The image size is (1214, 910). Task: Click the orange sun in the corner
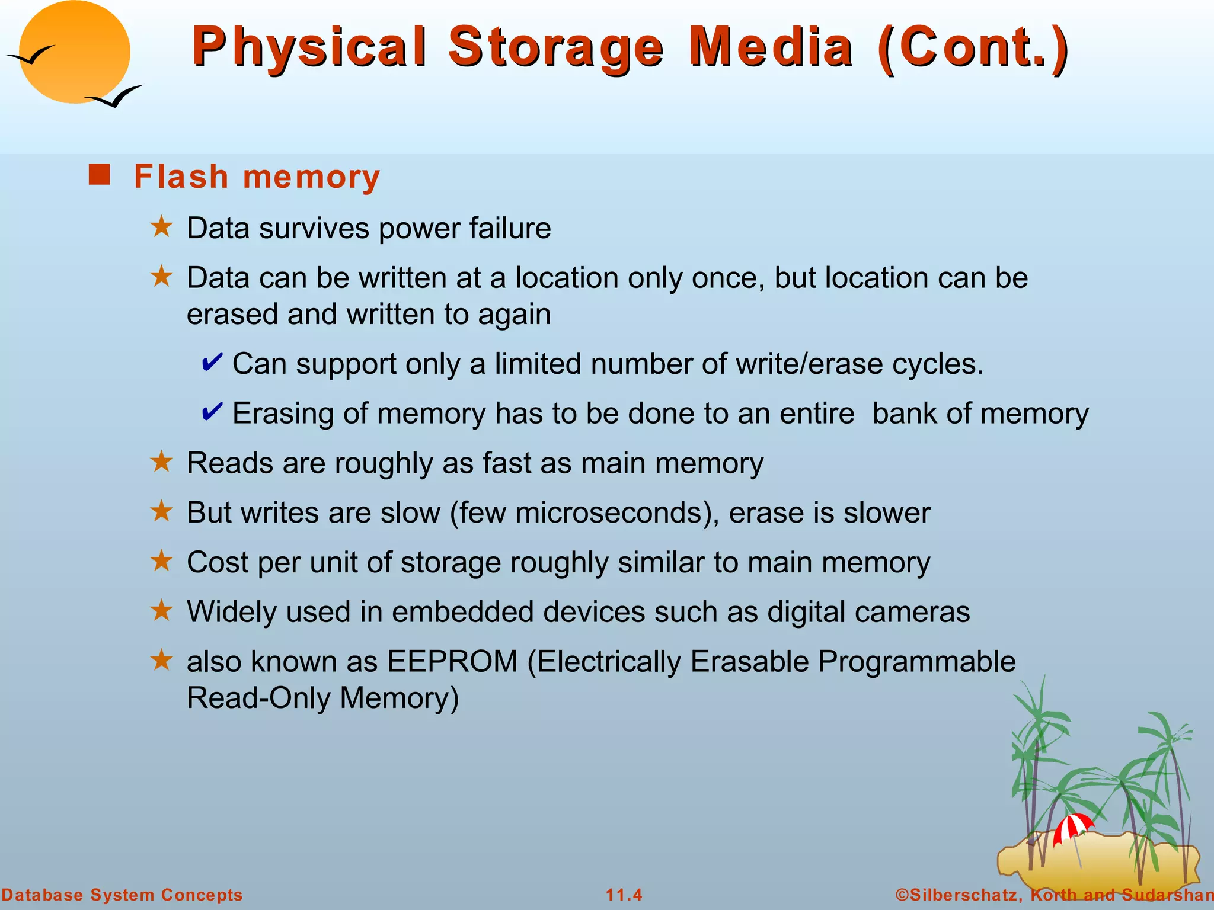[x=75, y=52]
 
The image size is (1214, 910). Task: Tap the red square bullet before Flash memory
[x=99, y=175]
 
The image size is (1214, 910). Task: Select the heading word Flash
[x=181, y=177]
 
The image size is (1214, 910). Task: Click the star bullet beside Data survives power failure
[x=161, y=227]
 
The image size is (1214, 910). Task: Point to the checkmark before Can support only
[x=212, y=361]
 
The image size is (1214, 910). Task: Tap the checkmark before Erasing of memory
[x=212, y=411]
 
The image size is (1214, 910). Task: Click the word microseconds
[x=613, y=512]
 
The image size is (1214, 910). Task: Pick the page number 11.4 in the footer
[x=624, y=895]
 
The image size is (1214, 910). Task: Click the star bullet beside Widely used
[x=161, y=610]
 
